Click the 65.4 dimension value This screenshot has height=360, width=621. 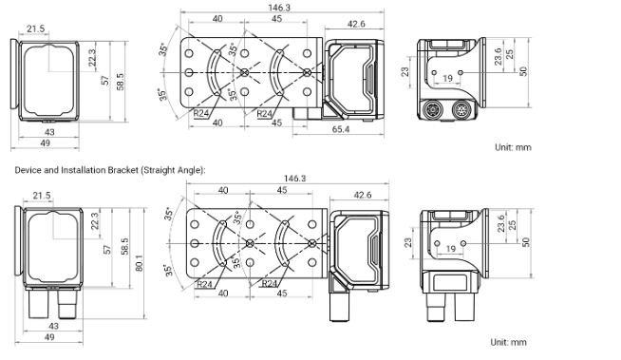click(341, 129)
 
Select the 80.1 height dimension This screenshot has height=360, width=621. click(139, 262)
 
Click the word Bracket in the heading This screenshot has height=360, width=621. click(122, 170)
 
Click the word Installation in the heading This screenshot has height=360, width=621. click(84, 170)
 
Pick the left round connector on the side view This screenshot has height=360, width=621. click(430, 108)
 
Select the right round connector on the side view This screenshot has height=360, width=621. click(461, 108)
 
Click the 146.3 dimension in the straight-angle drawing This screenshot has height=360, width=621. click(295, 179)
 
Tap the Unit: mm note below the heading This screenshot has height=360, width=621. click(509, 342)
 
